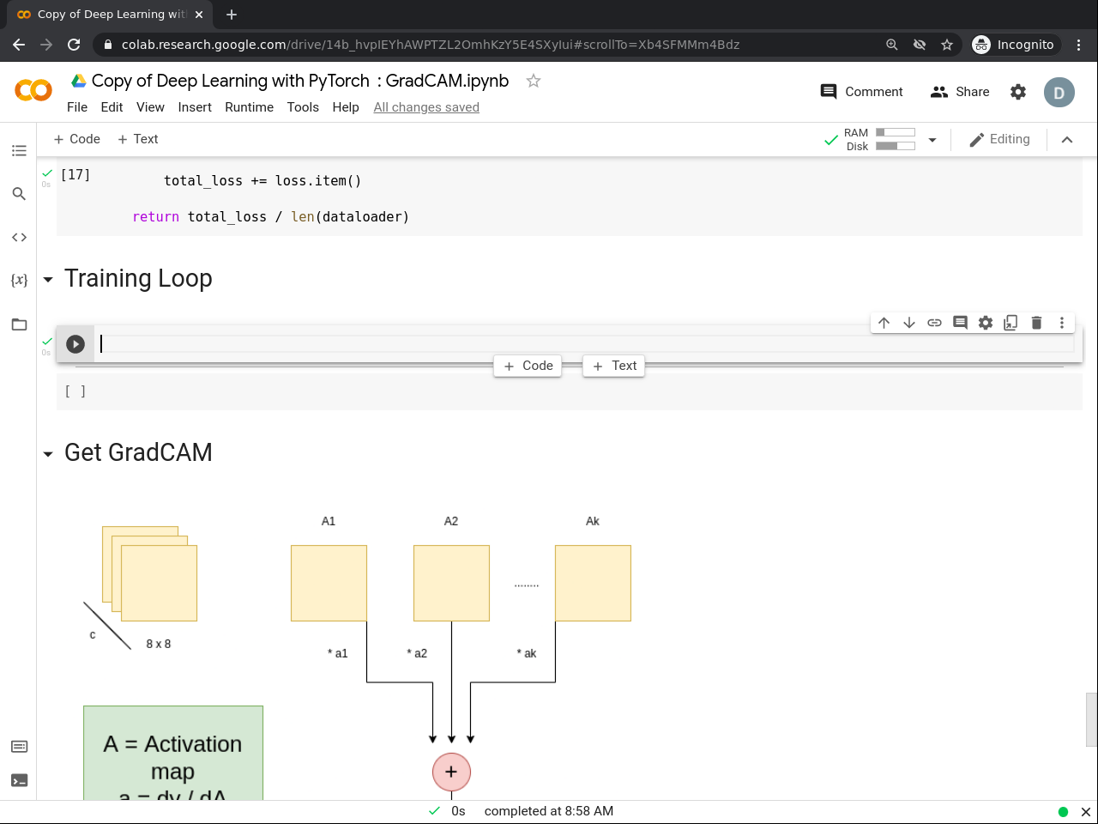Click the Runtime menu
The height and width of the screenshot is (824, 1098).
pos(249,107)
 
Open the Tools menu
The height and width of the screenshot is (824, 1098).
pos(303,107)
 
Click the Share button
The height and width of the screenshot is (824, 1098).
pos(960,92)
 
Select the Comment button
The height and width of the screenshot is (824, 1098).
pos(861,92)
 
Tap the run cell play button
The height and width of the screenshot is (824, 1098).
pos(75,344)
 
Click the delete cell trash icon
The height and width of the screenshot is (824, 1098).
pos(1036,323)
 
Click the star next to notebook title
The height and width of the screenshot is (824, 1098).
pos(534,81)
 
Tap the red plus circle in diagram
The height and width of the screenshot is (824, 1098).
pos(451,772)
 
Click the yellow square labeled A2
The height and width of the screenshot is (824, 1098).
pos(451,583)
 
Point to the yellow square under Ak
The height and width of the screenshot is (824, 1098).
pos(593,583)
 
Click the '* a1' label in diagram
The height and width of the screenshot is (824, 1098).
pos(338,653)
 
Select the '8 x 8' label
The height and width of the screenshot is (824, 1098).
pos(159,644)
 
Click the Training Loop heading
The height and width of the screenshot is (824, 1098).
pos(138,278)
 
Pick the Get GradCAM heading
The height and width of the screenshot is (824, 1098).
pos(138,452)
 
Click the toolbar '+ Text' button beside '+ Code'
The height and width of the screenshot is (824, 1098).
pos(137,139)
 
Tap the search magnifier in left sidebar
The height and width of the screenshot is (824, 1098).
pos(19,194)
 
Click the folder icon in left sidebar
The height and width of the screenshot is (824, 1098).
pos(19,324)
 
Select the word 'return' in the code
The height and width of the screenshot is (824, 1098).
pos(155,217)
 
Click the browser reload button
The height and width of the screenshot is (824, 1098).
pos(74,45)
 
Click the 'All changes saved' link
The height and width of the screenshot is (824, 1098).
pos(426,107)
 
